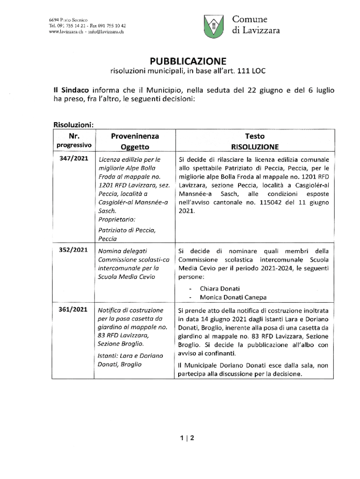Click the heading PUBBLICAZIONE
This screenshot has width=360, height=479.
[x=187, y=61]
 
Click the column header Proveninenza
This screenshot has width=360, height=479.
[x=135, y=136]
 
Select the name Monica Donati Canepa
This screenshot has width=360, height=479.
[x=233, y=297]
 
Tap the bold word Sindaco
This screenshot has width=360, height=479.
[x=74, y=89]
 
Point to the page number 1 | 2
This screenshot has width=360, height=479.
[x=187, y=438]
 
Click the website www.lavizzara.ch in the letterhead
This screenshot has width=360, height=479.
[x=66, y=32]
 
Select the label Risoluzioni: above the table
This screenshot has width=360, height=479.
[x=74, y=125]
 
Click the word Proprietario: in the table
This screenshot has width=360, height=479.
[x=117, y=219]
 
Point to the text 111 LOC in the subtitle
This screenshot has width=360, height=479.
[x=251, y=72]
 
